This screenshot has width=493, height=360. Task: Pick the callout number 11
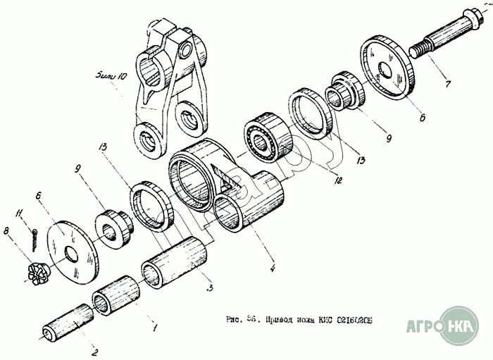tap(23, 211)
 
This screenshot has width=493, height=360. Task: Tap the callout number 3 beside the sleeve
tap(209, 288)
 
